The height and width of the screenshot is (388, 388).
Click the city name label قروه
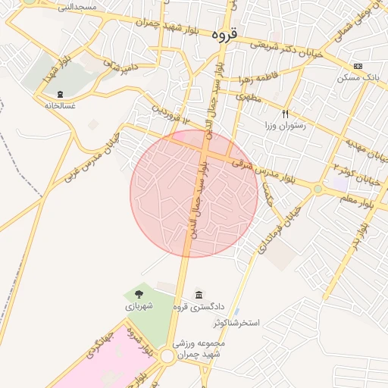click(225, 34)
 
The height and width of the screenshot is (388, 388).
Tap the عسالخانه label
click(59, 106)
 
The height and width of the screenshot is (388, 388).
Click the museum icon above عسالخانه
click(59, 94)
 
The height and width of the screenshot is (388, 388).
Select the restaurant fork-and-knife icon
click(286, 114)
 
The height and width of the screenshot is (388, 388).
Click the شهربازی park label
click(139, 306)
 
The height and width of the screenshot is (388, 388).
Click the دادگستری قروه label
click(199, 307)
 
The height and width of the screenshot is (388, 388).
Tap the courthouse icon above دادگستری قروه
click(199, 295)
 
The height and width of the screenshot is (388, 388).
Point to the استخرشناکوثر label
click(236, 323)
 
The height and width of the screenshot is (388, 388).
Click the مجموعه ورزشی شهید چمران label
click(200, 348)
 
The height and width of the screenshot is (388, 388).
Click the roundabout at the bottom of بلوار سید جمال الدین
click(167, 356)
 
